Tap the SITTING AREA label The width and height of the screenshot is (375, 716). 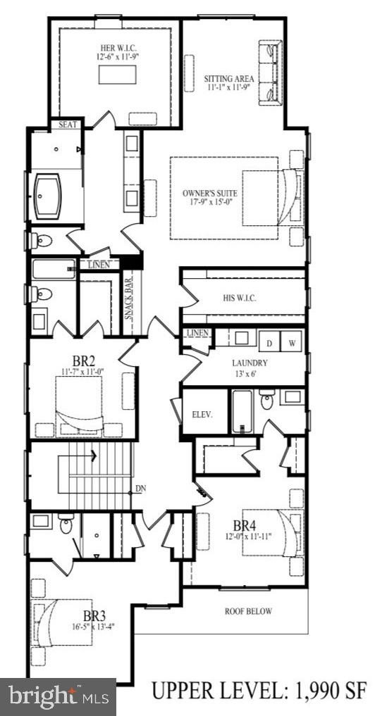(x=230, y=78)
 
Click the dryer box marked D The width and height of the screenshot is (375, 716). (x=269, y=342)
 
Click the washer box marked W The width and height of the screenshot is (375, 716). (x=291, y=342)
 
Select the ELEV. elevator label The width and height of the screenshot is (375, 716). (x=202, y=414)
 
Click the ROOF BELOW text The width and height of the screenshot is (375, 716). (x=248, y=611)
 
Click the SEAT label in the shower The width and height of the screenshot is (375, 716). (x=68, y=125)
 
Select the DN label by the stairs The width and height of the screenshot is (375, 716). (x=140, y=488)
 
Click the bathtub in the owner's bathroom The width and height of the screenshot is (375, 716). (x=56, y=195)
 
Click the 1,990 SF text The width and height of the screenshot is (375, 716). (x=331, y=693)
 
